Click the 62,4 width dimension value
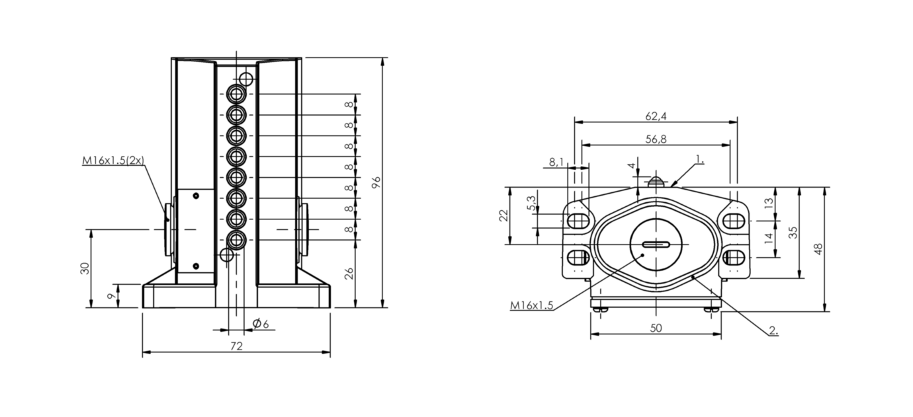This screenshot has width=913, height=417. click(x=655, y=116)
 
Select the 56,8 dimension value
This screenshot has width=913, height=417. click(x=655, y=139)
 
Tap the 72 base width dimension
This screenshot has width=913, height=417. click(x=236, y=346)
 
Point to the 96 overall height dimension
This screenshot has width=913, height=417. click(x=376, y=182)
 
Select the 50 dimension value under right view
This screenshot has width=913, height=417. click(x=655, y=328)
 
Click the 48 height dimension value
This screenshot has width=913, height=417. click(x=818, y=249)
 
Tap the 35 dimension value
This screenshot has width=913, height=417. click(x=794, y=232)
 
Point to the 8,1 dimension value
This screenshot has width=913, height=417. click(x=556, y=161)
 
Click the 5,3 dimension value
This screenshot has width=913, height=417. click(x=532, y=204)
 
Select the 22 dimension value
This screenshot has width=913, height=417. click(x=504, y=215)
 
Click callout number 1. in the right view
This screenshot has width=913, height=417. click(x=700, y=159)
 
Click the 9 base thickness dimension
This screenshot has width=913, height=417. click(x=110, y=296)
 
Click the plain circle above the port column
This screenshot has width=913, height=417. click(x=246, y=80)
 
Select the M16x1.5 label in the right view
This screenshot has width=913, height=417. click(x=531, y=305)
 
